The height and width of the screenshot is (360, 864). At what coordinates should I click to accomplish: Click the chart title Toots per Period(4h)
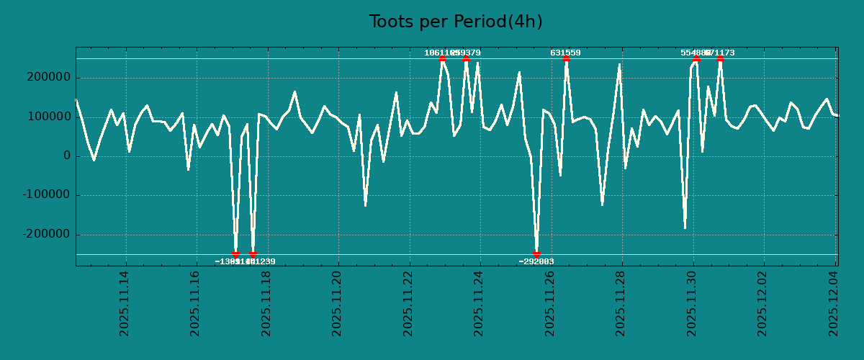(x=456, y=22)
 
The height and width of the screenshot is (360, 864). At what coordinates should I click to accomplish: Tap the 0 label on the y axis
(x=67, y=156)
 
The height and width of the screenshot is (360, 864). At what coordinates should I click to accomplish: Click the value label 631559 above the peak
(x=565, y=53)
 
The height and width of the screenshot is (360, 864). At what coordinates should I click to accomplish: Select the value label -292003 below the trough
(x=536, y=261)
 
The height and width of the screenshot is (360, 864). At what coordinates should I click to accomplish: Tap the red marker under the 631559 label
(x=566, y=58)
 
